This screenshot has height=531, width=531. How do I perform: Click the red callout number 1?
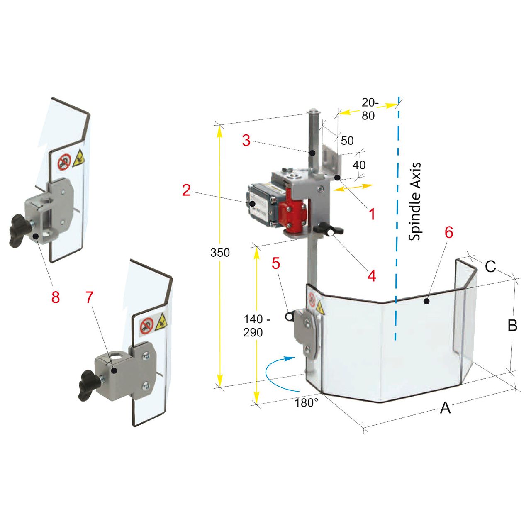pyautogui.click(x=372, y=214)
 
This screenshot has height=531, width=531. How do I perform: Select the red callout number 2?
pyautogui.click(x=186, y=190)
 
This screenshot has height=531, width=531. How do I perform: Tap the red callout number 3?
pyautogui.click(x=246, y=141)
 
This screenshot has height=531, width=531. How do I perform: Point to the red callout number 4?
pyautogui.click(x=371, y=275)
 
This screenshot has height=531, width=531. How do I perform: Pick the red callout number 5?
pyautogui.click(x=276, y=263)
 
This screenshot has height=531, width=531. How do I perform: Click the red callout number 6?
pyautogui.click(x=449, y=233)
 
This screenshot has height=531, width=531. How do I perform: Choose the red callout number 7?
pyautogui.click(x=90, y=297)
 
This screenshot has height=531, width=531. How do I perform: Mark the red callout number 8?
pyautogui.click(x=56, y=297)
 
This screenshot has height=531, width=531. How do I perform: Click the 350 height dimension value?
pyautogui.click(x=220, y=252)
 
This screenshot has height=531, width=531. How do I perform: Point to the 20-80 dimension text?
pyautogui.click(x=369, y=109)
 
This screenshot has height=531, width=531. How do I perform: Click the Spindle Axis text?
pyautogui.click(x=415, y=201)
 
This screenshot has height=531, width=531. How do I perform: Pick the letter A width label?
pyautogui.click(x=445, y=408)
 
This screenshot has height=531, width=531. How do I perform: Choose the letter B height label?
pyautogui.click(x=512, y=325)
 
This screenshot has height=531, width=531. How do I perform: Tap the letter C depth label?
pyautogui.click(x=490, y=266)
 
